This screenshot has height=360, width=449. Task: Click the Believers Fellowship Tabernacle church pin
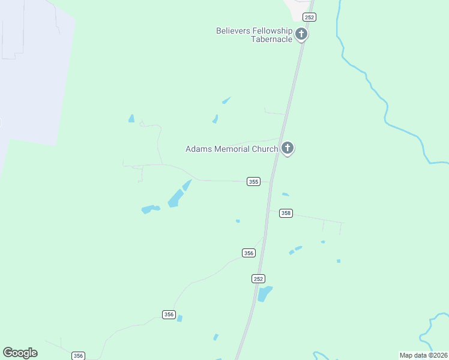(301, 34)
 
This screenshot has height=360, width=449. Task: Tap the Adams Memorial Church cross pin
(288, 148)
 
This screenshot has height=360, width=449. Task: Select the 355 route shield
(253, 181)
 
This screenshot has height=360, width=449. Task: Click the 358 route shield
(286, 213)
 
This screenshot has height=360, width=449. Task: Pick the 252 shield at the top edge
(309, 17)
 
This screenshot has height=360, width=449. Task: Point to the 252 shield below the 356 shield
(258, 278)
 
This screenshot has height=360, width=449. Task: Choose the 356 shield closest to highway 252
(249, 253)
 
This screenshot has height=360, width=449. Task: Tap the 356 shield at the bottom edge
(78, 356)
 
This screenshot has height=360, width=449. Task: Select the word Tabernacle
(272, 39)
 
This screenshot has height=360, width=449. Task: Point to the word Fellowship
(274, 31)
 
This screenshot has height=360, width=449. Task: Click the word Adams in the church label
(198, 149)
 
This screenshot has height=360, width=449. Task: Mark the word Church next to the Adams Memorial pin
(265, 149)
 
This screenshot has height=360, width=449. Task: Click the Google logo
(20, 353)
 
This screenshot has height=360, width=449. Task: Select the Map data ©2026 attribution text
(423, 355)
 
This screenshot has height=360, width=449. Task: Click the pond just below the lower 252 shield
(264, 293)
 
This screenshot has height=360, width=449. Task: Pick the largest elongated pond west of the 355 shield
(175, 197)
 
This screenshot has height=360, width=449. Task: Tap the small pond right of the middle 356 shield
(179, 319)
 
